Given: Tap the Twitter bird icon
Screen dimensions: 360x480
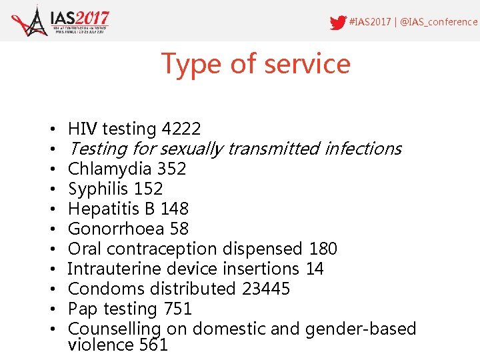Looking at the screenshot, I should pyautogui.click(x=338, y=22).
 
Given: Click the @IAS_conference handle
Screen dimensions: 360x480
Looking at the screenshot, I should pyautogui.click(x=439, y=22).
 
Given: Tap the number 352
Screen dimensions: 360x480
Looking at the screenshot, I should pyautogui.click(x=172, y=169).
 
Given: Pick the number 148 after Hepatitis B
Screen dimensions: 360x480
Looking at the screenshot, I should pyautogui.click(x=175, y=209).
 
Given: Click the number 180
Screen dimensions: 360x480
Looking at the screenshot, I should pyautogui.click(x=323, y=249).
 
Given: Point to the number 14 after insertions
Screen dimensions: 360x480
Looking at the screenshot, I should pyautogui.click(x=314, y=269).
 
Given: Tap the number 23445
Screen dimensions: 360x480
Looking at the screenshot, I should pyautogui.click(x=265, y=289).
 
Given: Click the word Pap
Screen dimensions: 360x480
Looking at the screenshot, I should pyautogui.click(x=83, y=309).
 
